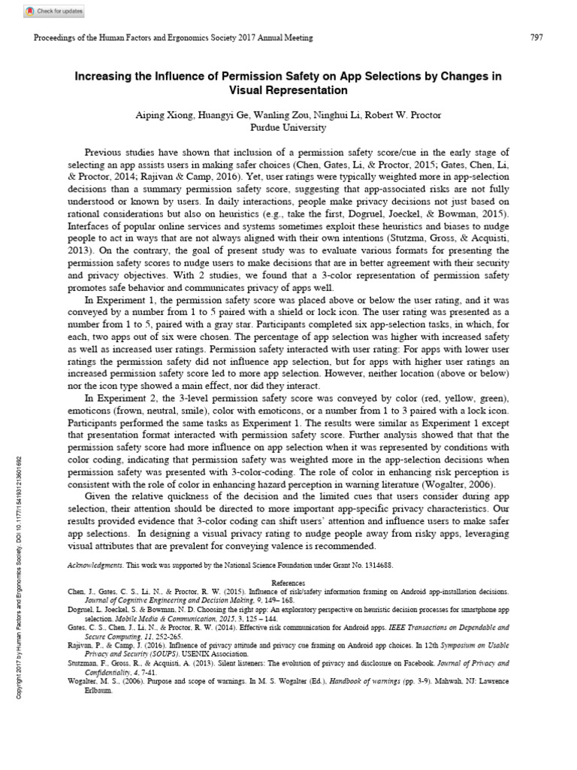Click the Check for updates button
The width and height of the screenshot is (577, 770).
tap(54, 11)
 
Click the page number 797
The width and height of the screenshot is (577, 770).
tap(536, 38)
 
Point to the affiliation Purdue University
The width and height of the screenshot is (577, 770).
tap(288, 128)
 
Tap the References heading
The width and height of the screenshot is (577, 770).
tap(288, 582)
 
